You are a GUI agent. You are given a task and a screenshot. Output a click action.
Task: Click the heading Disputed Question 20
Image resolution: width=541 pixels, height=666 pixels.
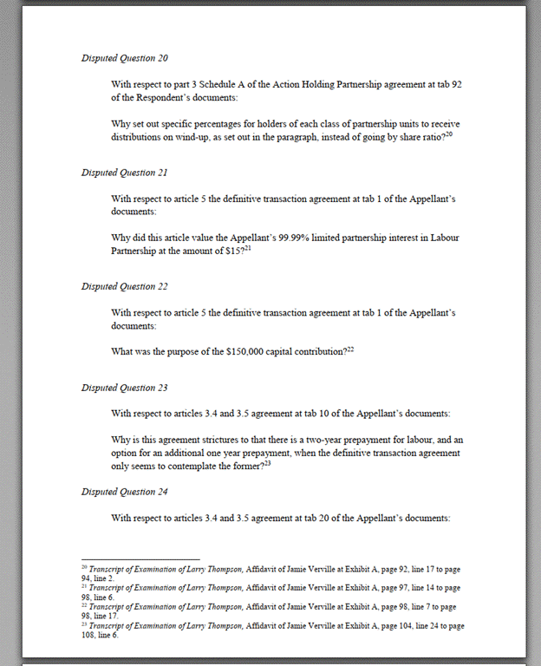coord(125,58)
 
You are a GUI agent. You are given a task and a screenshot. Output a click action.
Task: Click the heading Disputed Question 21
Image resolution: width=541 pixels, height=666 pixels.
coord(124,173)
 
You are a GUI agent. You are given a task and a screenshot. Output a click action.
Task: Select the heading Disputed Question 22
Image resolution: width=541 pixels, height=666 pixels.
coord(124,286)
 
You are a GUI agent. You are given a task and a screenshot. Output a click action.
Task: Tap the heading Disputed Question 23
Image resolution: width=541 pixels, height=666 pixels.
coord(124,388)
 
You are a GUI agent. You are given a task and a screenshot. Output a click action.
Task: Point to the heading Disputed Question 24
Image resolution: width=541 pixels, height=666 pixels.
coord(124,492)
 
